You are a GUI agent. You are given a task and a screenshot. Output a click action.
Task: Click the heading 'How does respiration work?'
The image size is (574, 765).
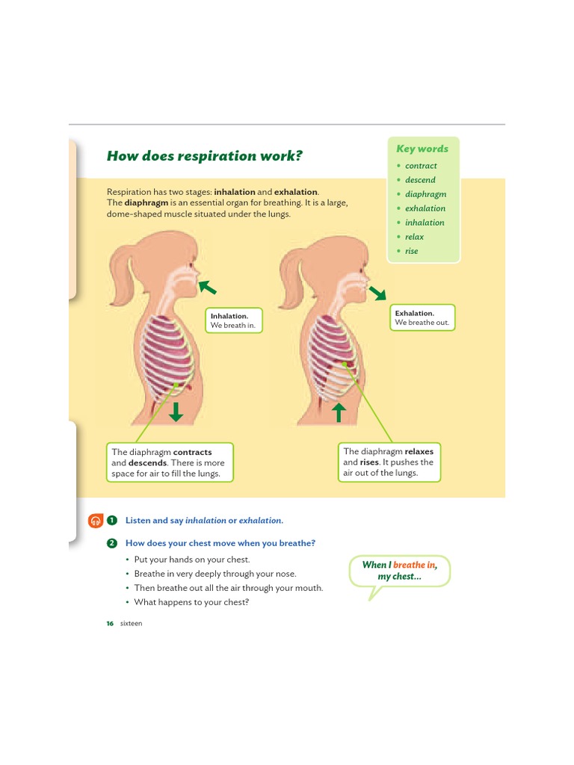tap(204, 156)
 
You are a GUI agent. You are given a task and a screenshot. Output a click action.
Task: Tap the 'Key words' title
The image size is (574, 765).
tap(422, 149)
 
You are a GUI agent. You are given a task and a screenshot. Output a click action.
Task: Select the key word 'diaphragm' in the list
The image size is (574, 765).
tap(425, 194)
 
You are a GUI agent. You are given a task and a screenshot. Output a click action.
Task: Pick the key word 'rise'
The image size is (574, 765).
tap(411, 251)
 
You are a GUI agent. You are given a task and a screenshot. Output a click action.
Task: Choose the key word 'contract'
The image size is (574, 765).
tap(421, 166)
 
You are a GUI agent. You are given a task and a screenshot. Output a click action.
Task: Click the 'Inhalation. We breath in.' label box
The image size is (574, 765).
tap(235, 320)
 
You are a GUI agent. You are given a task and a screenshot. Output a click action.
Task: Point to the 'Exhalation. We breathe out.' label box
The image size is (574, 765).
tap(422, 318)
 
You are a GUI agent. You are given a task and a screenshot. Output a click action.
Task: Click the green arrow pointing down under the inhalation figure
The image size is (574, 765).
tap(176, 412)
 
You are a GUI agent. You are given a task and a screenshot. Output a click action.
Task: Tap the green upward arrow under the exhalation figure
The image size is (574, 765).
tap(339, 412)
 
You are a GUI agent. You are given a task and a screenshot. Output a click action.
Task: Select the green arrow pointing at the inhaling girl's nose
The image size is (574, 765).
tap(208, 287)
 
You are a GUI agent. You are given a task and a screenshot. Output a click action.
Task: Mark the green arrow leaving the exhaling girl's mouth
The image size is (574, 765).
tap(377, 292)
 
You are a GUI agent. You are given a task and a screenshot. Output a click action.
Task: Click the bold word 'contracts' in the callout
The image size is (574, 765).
tap(193, 452)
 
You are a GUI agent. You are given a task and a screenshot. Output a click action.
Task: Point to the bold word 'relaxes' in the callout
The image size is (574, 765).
tap(419, 451)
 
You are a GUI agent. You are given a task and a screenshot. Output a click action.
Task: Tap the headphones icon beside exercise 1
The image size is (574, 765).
tap(95, 521)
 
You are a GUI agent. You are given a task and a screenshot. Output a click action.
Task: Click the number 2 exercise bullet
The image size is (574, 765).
tap(112, 543)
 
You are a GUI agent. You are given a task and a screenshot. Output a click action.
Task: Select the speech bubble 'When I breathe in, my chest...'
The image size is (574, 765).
tap(399, 571)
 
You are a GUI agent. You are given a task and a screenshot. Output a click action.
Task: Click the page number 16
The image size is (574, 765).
tap(110, 624)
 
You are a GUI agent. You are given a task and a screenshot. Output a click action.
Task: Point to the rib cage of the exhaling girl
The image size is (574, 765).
tap(332, 351)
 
